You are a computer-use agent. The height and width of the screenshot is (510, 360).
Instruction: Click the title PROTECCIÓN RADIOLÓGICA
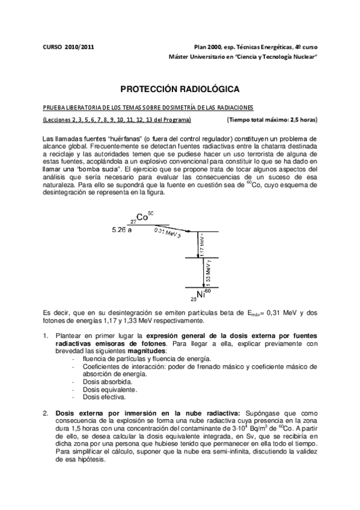[x=180, y=89]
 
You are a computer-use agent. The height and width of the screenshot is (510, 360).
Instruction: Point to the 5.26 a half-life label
[x=122, y=230]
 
